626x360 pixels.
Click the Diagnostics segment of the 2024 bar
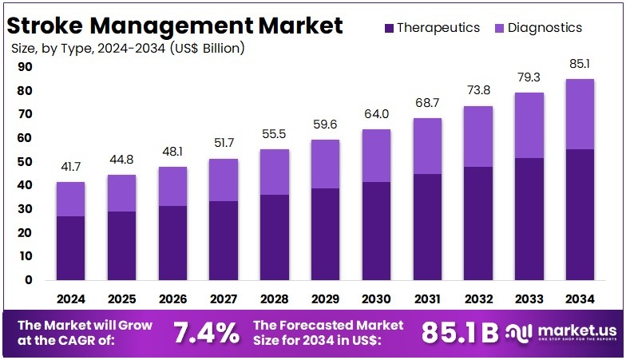tap(70, 199)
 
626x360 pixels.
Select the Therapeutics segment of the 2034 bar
tap(580, 214)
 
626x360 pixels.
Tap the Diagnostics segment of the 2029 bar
tap(325, 164)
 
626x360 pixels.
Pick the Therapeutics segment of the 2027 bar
tap(223, 240)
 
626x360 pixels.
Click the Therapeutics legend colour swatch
tap(388, 28)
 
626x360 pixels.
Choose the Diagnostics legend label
tap(545, 28)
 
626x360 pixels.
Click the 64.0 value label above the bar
tap(376, 114)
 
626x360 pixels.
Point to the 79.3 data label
tap(529, 77)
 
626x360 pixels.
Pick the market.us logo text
tap(570, 329)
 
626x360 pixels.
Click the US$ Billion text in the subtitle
tap(204, 49)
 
